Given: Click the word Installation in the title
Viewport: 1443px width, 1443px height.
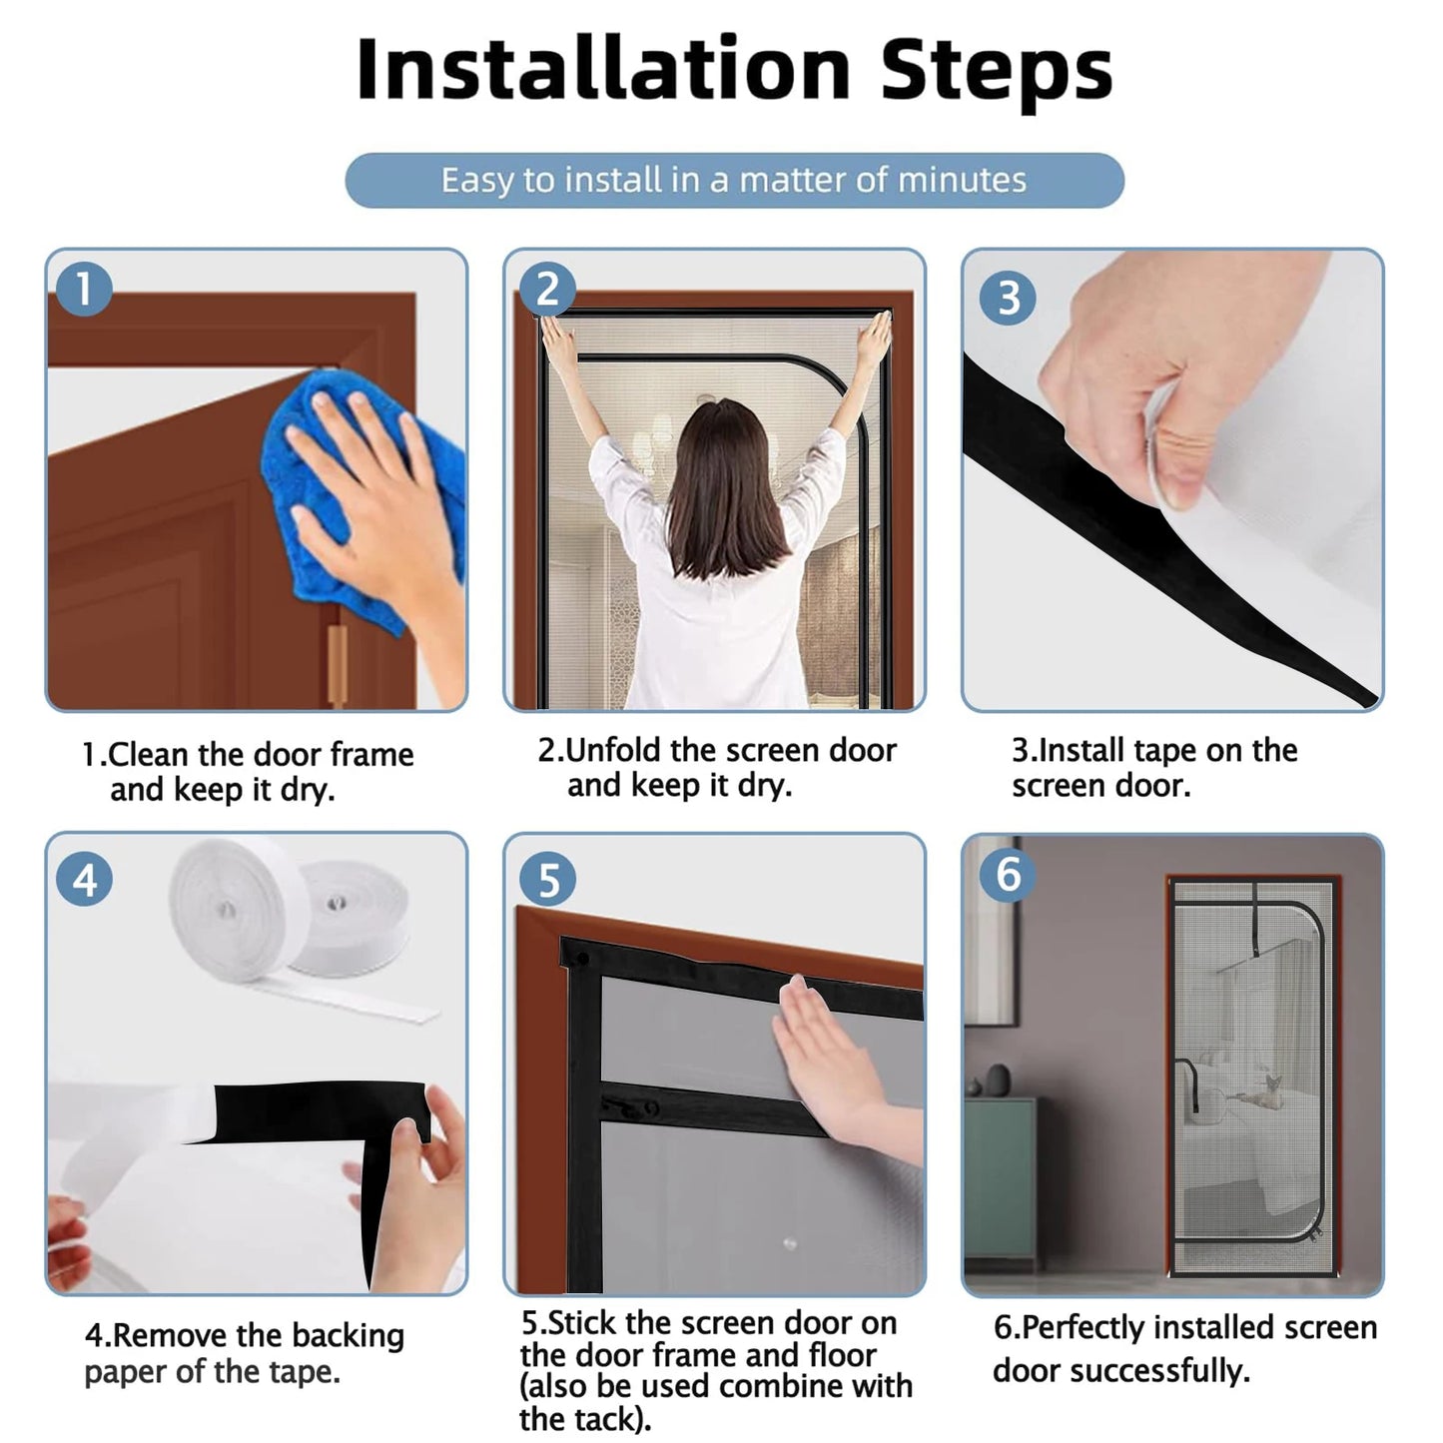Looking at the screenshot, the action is tap(603, 69).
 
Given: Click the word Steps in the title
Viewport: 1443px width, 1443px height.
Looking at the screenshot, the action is tap(998, 73).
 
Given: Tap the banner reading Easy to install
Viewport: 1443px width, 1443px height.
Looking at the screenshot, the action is tap(734, 181).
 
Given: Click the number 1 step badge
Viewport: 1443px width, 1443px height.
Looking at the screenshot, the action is tap(84, 289).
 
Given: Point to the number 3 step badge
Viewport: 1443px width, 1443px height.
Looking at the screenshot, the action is tap(1008, 297).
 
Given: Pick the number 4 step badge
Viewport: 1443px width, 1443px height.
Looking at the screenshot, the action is tap(84, 879).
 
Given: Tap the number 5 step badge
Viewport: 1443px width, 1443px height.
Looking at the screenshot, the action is tap(548, 879).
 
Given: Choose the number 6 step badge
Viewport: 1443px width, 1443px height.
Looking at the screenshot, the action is tap(1008, 873).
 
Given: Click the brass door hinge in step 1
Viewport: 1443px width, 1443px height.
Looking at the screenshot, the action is tap(337, 663).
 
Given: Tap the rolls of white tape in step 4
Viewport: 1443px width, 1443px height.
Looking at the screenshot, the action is tap(289, 918).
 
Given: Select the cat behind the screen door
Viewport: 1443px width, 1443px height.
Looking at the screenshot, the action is tap(1264, 1092).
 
